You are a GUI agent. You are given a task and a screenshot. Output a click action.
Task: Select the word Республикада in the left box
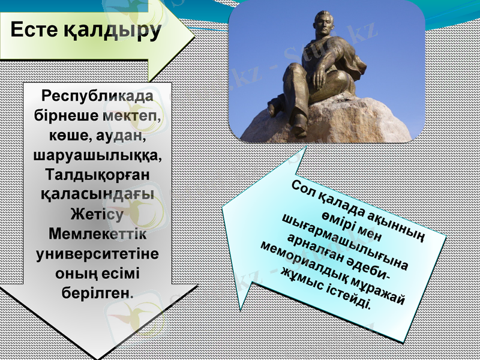click(98, 95)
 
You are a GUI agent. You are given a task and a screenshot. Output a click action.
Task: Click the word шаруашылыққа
click(98, 155)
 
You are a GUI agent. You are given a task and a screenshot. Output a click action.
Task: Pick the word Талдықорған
click(98, 175)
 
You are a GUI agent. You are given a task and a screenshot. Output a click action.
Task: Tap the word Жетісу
click(98, 214)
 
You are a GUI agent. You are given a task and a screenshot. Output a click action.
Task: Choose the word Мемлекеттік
click(98, 234)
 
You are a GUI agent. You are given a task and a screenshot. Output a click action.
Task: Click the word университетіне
click(98, 254)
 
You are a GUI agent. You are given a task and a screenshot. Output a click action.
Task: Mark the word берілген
click(98, 293)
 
